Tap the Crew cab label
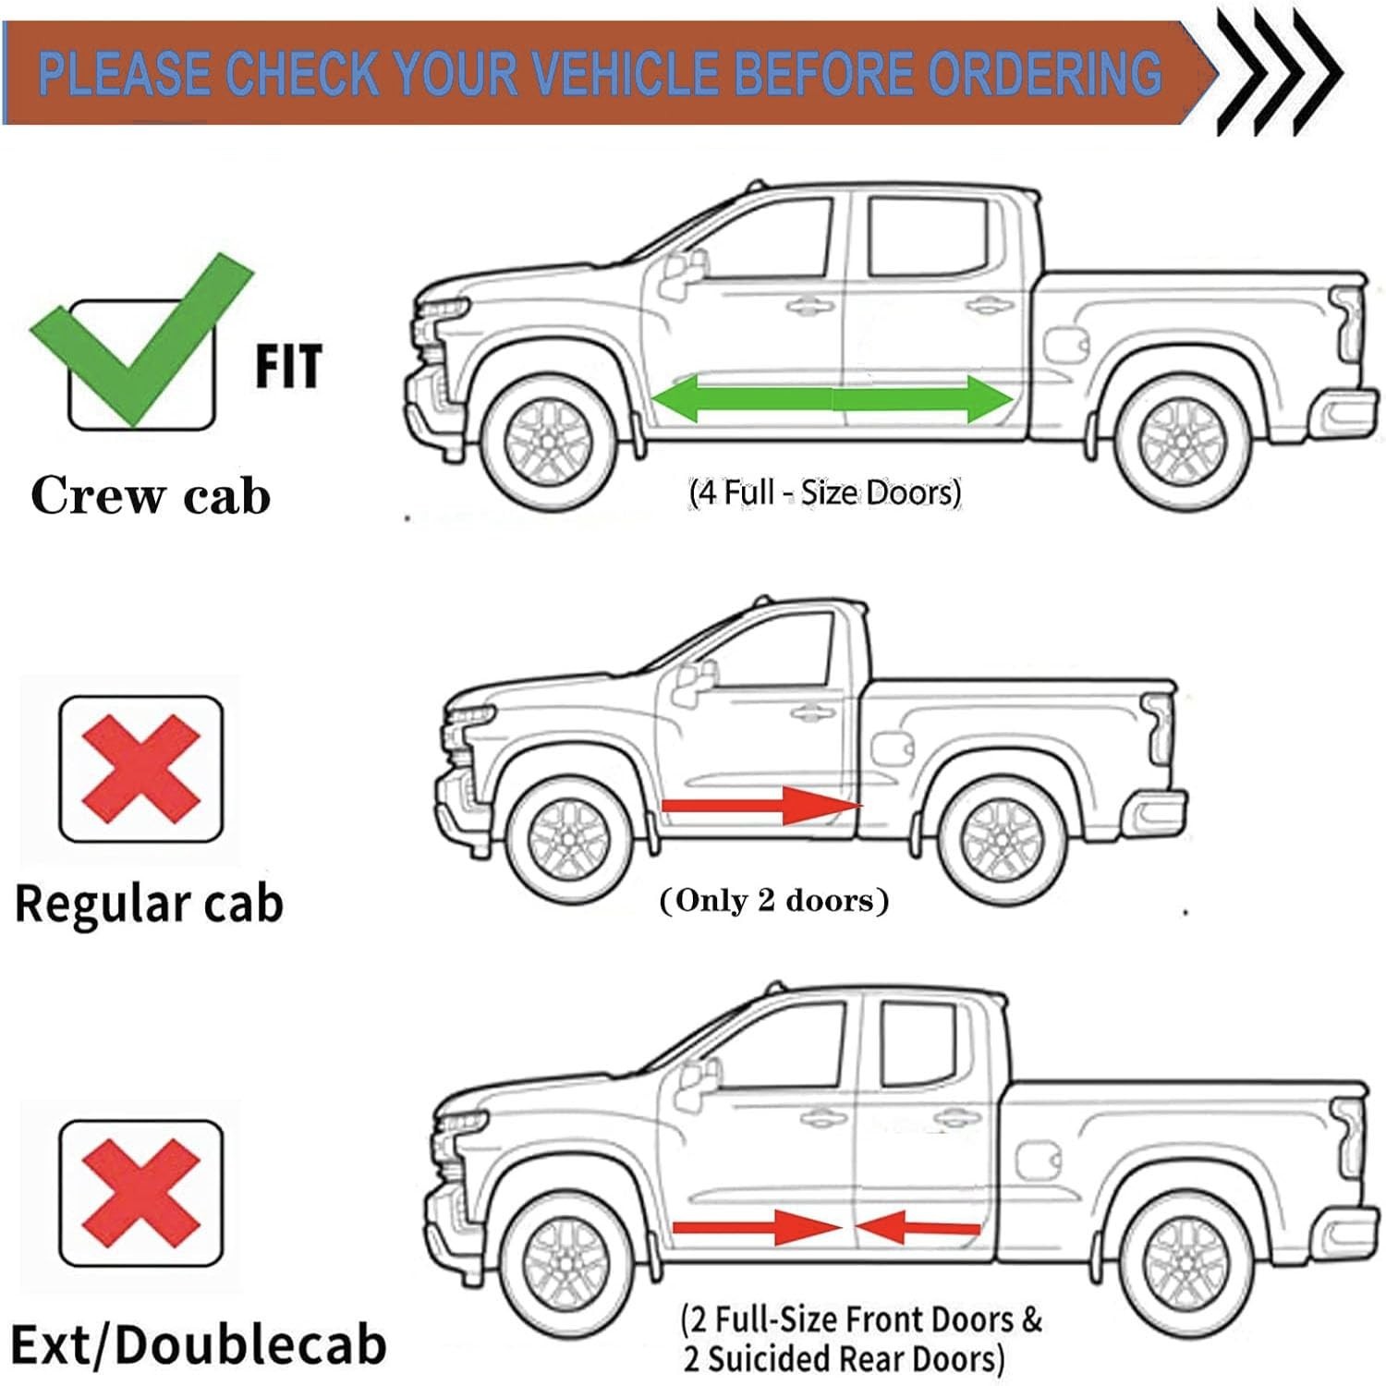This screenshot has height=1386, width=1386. [x=151, y=495]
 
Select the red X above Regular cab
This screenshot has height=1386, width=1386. [x=140, y=768]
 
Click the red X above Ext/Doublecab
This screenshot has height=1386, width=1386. [x=140, y=1192]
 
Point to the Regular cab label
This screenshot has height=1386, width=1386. [x=149, y=904]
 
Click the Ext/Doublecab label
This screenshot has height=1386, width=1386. [x=198, y=1344]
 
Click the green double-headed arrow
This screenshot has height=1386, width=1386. [x=832, y=399]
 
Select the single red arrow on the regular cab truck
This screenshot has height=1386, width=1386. [x=762, y=806]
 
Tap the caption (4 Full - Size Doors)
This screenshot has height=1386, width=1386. [x=825, y=492]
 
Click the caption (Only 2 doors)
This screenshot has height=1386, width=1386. [x=774, y=900]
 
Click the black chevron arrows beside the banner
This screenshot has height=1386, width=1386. [x=1280, y=72]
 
